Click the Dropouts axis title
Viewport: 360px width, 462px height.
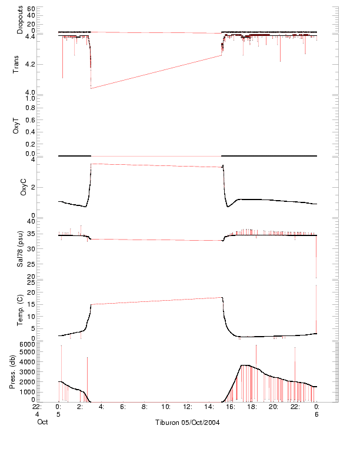[x=20, y=19]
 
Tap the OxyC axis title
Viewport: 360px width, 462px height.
[x=24, y=187]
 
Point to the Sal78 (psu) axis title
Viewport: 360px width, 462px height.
[x=20, y=249]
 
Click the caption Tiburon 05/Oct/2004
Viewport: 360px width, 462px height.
[x=187, y=423]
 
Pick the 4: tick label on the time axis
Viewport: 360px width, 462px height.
[x=101, y=406]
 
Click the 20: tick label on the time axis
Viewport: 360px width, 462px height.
[x=274, y=406]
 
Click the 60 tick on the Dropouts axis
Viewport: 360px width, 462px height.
[x=31, y=9]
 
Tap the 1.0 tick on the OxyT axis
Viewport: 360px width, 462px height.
[x=29, y=99]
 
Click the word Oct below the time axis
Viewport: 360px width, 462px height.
[x=42, y=422]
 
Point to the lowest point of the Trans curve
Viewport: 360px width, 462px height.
[x=91, y=88]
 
